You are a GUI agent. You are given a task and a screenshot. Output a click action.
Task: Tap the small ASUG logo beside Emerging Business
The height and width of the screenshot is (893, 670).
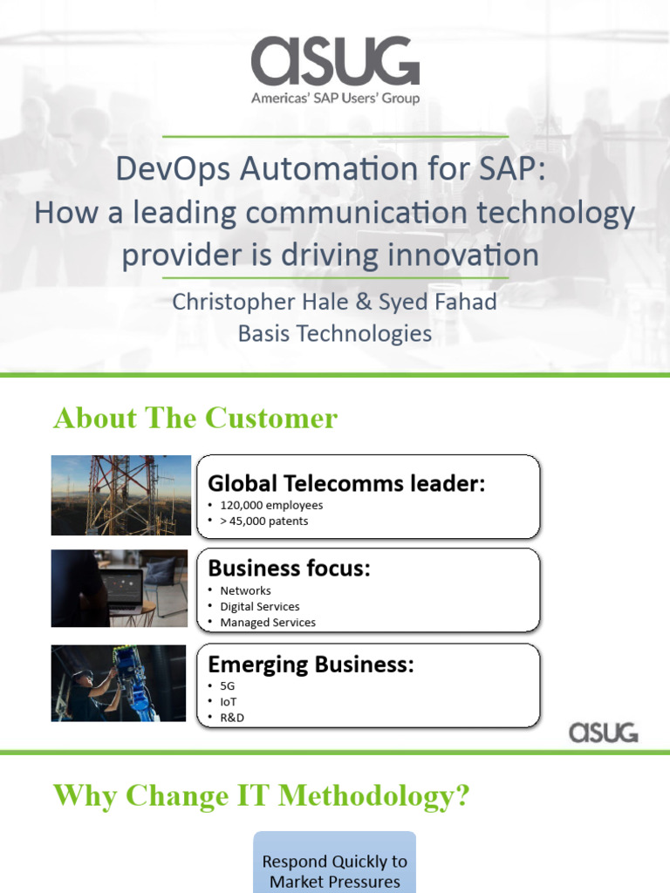pos(604,732)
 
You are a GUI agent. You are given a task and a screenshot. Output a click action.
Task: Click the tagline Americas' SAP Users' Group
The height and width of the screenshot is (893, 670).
pos(335,99)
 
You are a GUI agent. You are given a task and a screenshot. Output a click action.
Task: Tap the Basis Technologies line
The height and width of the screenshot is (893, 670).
pos(335,333)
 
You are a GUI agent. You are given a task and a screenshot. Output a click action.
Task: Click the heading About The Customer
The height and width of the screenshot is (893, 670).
pos(195,419)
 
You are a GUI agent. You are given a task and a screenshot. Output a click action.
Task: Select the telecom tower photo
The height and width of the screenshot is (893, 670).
pos(120,495)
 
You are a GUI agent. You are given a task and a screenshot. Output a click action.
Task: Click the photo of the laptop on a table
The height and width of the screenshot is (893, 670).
pos(120,589)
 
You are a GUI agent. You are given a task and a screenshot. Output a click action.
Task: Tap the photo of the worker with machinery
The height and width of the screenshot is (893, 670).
pos(119,684)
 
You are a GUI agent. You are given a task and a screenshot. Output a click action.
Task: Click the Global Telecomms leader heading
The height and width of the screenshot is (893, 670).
pos(346,483)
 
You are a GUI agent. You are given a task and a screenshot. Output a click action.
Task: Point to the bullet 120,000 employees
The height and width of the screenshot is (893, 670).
pos(271,505)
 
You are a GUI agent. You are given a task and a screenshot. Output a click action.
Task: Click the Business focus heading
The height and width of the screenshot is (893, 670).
pos(289,568)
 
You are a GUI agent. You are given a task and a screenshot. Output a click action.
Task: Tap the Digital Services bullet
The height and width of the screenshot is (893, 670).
pos(259,606)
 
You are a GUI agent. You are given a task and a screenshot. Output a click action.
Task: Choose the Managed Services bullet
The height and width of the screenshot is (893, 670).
pos(268,623)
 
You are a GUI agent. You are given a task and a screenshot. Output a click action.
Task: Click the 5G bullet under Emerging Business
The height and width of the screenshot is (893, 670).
pos(228,686)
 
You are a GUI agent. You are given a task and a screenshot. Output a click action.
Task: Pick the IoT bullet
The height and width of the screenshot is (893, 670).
pos(228,702)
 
